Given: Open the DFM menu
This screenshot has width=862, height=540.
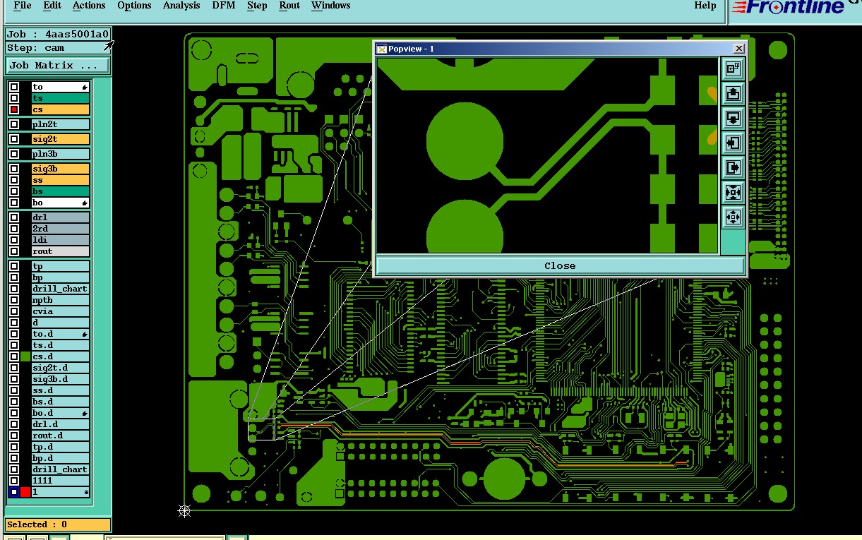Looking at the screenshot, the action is [224, 6].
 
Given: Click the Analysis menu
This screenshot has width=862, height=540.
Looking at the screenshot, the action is [181, 6].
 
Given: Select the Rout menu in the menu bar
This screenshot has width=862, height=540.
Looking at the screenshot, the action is [289, 6].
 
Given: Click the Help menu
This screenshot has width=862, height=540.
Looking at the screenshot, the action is [705, 6].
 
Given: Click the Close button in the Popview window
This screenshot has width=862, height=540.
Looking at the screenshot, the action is [560, 265].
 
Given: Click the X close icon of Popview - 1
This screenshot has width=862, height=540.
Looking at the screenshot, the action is [738, 49].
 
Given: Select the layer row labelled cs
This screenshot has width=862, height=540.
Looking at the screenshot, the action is [61, 109].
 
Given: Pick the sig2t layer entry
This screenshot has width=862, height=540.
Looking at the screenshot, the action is [61, 139].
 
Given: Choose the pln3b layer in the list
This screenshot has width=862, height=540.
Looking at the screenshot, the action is [61, 154].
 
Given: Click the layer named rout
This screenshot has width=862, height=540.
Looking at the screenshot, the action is [61, 251].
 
